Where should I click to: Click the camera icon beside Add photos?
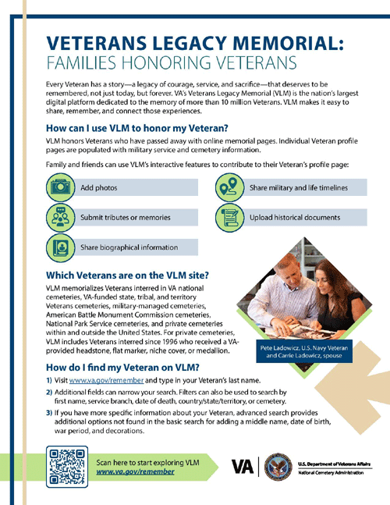point(60,187)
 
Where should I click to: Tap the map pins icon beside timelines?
point(229,187)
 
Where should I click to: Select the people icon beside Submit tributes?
point(60,218)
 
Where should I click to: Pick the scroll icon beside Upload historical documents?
point(229,218)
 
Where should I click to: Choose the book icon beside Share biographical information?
point(60,247)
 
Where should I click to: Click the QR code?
point(67,467)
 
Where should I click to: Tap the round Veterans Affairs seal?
point(278,467)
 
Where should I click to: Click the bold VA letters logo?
point(243,467)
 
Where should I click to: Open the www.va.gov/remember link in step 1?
point(106,380)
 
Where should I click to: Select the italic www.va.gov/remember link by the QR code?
point(135,471)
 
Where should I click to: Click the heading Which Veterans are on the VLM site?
point(127,276)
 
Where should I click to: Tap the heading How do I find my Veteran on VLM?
point(122,368)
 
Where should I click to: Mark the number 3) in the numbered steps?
point(49,413)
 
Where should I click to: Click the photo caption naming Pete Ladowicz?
point(304,352)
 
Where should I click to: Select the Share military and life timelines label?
point(299,188)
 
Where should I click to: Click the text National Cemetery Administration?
point(331,473)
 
